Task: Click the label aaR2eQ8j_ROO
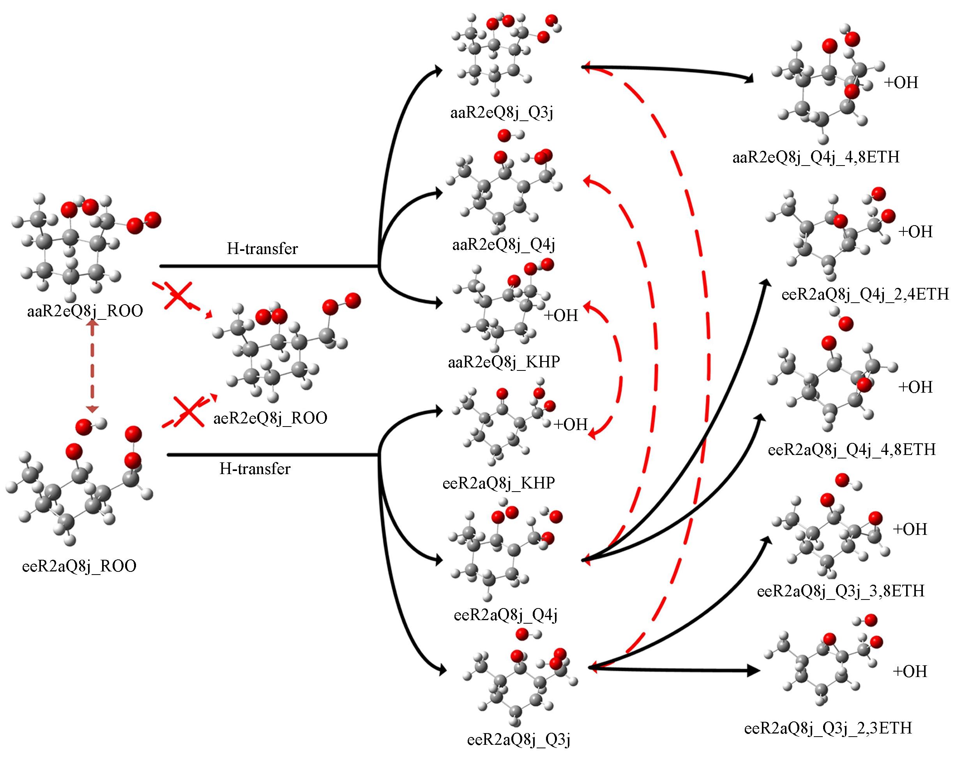[x=85, y=311]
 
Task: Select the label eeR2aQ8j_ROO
[x=79, y=566]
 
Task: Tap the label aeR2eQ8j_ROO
[x=270, y=418]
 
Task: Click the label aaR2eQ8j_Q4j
[x=504, y=245]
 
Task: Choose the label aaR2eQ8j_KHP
[x=504, y=362]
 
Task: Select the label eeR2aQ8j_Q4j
[x=505, y=615]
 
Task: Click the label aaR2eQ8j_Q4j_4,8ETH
[x=816, y=158]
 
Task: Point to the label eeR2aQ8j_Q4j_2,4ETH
[x=865, y=294]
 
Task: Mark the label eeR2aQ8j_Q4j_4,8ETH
[x=852, y=450]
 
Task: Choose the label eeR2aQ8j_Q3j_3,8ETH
[x=841, y=591]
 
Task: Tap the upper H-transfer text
[x=262, y=249]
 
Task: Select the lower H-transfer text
[x=255, y=469]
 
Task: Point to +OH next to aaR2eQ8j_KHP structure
[x=561, y=315]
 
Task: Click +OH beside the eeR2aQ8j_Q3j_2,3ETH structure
[x=910, y=671]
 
